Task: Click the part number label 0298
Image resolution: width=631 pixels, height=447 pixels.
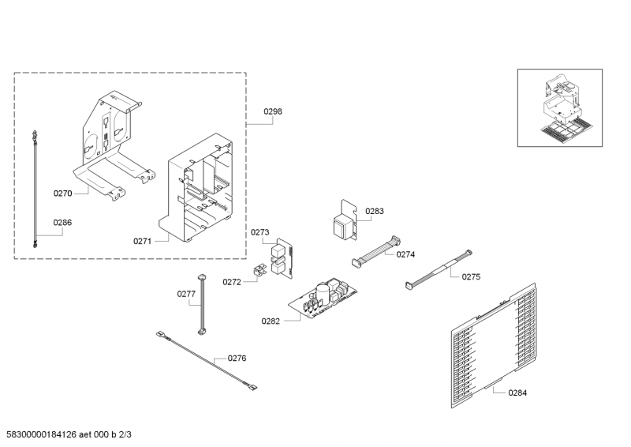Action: coord(272,111)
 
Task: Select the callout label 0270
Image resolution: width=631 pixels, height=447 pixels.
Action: coord(62,193)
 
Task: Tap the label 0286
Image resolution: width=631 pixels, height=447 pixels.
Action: coord(62,223)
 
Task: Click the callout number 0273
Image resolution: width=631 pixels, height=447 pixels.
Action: coord(260,232)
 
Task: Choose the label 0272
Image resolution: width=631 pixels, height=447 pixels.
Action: coord(232,281)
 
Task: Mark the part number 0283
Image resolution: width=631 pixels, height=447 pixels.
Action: coord(375,211)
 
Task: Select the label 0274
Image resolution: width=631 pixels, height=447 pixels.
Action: coord(405,254)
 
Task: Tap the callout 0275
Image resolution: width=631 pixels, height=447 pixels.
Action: coord(471,276)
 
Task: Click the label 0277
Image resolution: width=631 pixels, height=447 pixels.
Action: coord(186,294)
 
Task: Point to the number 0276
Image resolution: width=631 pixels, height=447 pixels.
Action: coord(237,358)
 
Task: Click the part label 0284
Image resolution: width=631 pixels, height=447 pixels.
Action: coord(517,393)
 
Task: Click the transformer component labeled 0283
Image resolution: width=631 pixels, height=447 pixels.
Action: coord(344,223)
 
